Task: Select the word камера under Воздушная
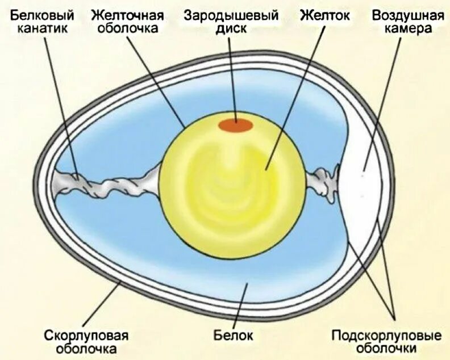click(407, 28)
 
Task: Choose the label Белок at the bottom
click(233, 334)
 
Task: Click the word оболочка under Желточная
click(127, 28)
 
